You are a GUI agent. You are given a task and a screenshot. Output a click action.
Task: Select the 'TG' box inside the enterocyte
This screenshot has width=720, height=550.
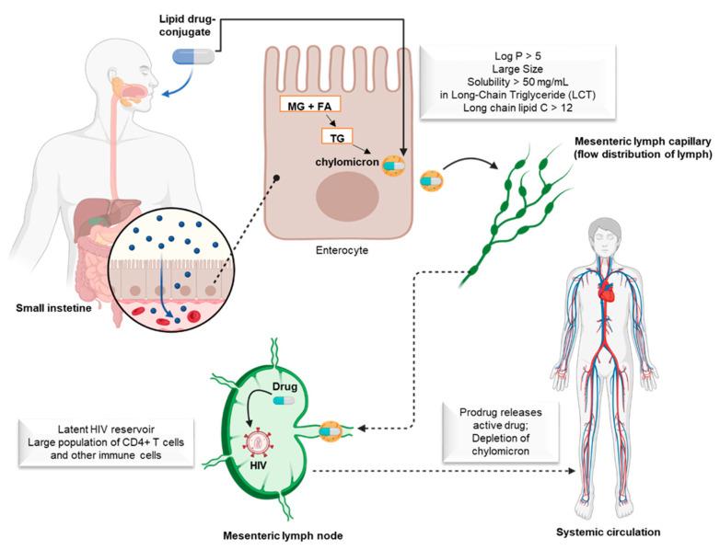click(x=336, y=136)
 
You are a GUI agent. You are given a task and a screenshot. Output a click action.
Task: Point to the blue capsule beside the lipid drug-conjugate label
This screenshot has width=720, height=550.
click(x=193, y=56)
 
